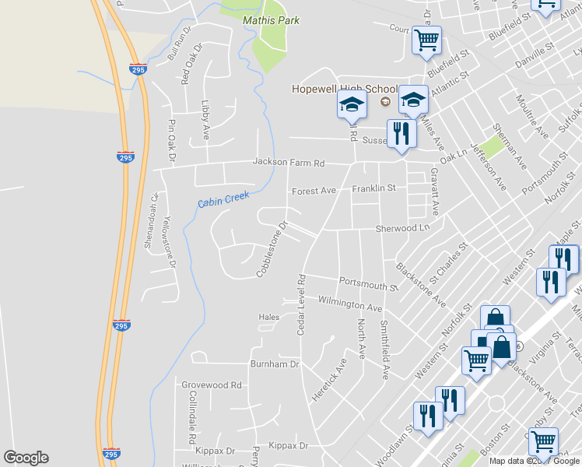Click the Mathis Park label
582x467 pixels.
[271, 20]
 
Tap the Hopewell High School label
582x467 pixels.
[334, 89]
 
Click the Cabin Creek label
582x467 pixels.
[223, 199]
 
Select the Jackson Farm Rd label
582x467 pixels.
[288, 163]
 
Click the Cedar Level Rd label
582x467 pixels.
[300, 304]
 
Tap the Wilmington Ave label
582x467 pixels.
[350, 303]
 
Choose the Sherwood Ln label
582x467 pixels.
[402, 228]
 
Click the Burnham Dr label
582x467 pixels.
[274, 363]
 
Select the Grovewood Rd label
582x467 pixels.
[212, 384]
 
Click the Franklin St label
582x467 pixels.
[374, 188]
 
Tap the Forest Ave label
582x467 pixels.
[314, 191]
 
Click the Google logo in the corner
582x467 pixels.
[26, 458]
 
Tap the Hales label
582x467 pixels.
[268, 317]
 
